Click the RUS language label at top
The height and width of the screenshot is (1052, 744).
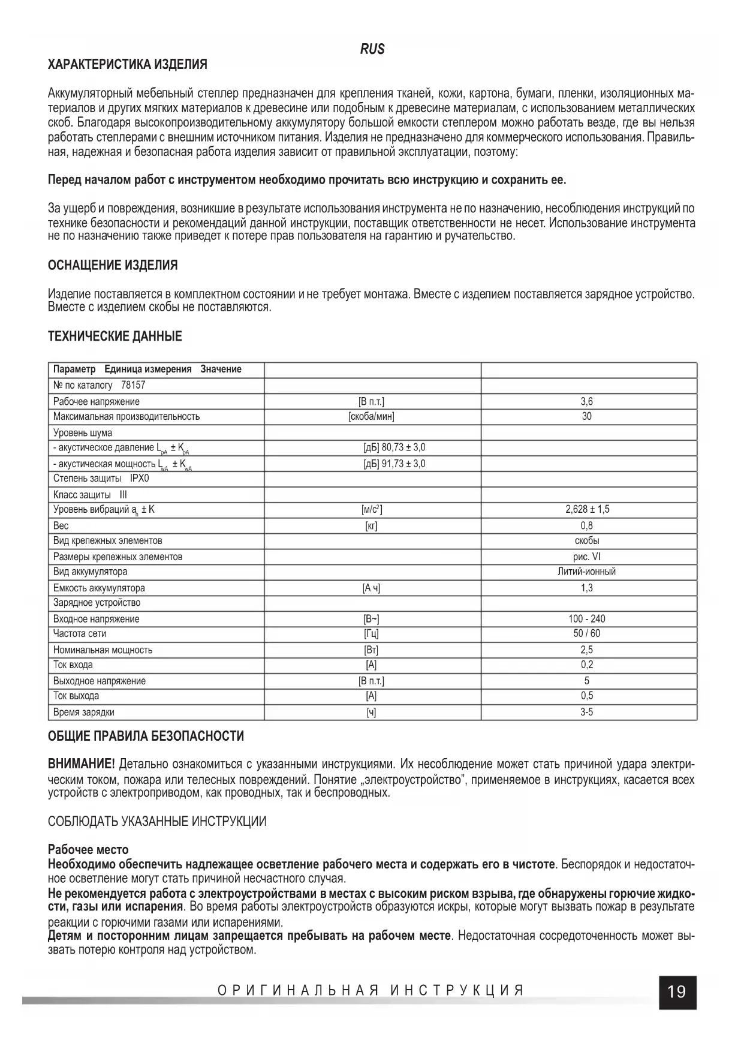pyautogui.click(x=372, y=49)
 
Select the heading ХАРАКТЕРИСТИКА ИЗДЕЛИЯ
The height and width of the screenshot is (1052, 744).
pyautogui.click(x=127, y=64)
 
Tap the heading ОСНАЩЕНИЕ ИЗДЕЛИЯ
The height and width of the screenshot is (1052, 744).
pyautogui.click(x=113, y=265)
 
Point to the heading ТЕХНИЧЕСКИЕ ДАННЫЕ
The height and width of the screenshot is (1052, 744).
pyautogui.click(x=115, y=336)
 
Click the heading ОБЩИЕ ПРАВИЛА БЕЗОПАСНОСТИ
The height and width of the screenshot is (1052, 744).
pyautogui.click(x=146, y=736)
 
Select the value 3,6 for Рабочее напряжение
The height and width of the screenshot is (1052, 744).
pyautogui.click(x=586, y=402)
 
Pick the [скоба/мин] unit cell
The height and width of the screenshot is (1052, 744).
pyautogui.click(x=372, y=416)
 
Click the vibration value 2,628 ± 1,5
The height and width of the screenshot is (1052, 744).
pyautogui.click(x=587, y=509)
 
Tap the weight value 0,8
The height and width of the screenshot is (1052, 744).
pyautogui.click(x=586, y=525)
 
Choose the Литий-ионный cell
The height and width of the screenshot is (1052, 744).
pyautogui.click(x=586, y=572)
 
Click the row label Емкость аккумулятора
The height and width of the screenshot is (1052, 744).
pyautogui.click(x=99, y=588)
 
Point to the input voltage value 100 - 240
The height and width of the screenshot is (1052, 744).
pyautogui.click(x=586, y=619)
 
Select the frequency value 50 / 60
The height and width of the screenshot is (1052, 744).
pyautogui.click(x=586, y=633)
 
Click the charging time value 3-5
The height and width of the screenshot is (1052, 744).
pyautogui.click(x=586, y=713)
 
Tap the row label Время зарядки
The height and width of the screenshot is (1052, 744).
pyautogui.click(x=83, y=713)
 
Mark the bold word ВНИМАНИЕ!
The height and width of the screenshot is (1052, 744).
pyautogui.click(x=81, y=764)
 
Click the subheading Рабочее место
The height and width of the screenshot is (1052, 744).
pyautogui.click(x=88, y=850)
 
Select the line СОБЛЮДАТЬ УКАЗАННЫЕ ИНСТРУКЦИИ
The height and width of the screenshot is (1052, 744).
pyautogui.click(x=157, y=822)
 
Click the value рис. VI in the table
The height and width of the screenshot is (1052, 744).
pyautogui.click(x=586, y=557)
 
